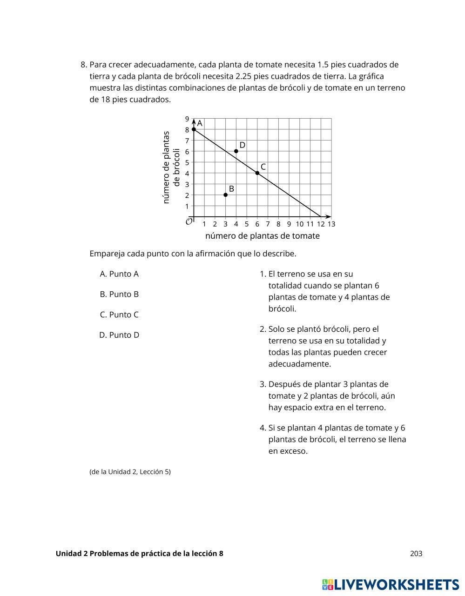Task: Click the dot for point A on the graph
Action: pos(194,129)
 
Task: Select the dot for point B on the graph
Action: pos(226,195)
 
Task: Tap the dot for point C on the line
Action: pos(257,173)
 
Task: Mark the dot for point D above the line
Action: pos(236,151)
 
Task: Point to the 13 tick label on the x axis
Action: pos(331,224)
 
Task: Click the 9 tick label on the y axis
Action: pos(187,119)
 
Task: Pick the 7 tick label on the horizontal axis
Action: pos(268,224)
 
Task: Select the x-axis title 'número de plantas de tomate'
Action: pos(262,236)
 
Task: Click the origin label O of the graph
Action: pos(189,221)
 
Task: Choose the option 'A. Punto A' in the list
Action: pos(119,274)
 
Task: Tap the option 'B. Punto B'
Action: pos(119,295)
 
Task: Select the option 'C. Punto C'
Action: pos(119,315)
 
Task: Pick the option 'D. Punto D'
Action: pos(119,335)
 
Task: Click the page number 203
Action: pos(416,554)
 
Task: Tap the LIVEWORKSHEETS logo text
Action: pos(396,585)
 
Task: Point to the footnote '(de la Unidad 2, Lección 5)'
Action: pos(130,472)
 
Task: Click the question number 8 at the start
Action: pos(83,65)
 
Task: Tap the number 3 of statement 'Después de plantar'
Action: pos(262,384)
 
